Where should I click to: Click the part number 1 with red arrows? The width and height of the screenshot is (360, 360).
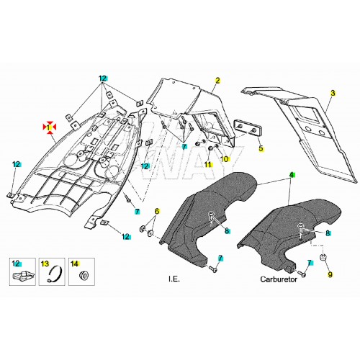click(50, 126)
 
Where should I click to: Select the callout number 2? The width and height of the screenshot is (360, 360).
click(217, 81)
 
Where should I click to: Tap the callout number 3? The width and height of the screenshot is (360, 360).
click(333, 93)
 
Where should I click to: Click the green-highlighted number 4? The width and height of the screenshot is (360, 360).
click(292, 175)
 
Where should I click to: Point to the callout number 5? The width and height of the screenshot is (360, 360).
click(261, 148)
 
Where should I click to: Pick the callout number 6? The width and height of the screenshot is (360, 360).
click(157, 212)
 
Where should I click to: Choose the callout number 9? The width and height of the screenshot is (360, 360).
click(330, 274)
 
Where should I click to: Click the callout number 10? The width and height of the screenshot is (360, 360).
click(225, 159)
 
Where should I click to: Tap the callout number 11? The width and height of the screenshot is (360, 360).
click(208, 164)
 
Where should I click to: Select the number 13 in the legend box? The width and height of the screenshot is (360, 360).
click(45, 264)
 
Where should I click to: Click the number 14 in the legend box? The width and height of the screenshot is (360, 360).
click(75, 264)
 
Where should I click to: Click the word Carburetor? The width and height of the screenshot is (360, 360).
click(279, 279)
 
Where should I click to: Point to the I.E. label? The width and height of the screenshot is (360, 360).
click(174, 279)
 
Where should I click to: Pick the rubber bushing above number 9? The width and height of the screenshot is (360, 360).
click(324, 257)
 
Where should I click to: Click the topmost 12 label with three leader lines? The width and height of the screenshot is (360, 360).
click(104, 78)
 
